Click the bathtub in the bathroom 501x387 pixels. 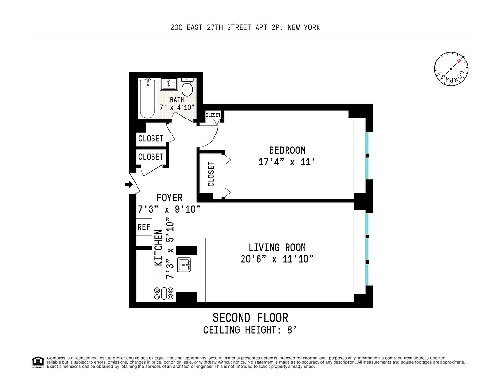[x=148, y=99]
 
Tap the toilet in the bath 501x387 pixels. [x=188, y=88]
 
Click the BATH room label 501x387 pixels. [x=177, y=100]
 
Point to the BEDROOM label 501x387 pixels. [x=287, y=150]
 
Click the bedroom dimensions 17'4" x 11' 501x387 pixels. [x=287, y=162]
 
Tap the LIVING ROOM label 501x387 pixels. [x=277, y=247]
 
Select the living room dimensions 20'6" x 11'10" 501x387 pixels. [x=277, y=259]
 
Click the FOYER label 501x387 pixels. [x=169, y=197]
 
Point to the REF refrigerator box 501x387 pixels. [x=144, y=227]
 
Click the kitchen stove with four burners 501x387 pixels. [x=164, y=293]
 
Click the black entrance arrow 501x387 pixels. [x=129, y=184]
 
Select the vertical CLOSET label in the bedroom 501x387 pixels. [x=211, y=174]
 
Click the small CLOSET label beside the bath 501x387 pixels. [x=213, y=115]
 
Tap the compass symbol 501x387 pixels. [x=451, y=69]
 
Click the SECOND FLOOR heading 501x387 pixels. [x=250, y=318]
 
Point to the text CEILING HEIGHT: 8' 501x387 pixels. [x=250, y=330]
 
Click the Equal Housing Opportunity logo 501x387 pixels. [x=38, y=361]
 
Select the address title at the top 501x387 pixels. [x=245, y=28]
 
